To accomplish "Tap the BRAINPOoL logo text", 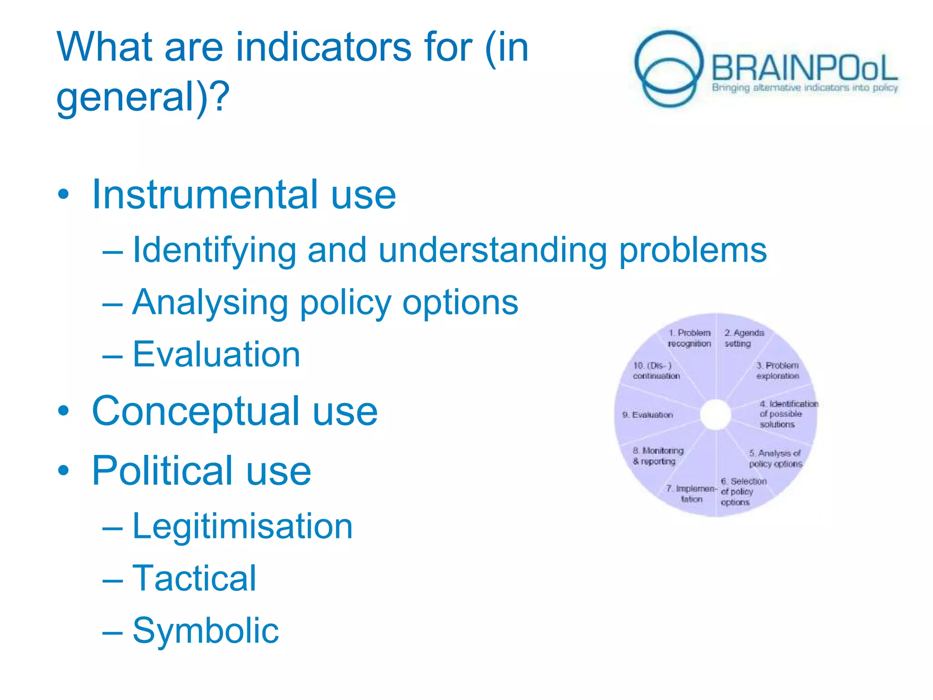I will point(804,68).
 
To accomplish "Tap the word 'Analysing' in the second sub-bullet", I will point(210,302).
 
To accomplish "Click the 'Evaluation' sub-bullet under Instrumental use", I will point(216,354).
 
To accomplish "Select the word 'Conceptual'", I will point(196,411).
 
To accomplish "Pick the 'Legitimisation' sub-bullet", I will point(242,526).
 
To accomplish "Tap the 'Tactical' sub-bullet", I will point(194,578).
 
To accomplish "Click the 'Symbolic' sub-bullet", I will point(205,630).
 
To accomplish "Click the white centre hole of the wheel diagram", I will point(716,414).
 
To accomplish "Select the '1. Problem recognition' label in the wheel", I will point(689,338).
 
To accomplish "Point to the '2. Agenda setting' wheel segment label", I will point(743,338).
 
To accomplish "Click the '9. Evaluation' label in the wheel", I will point(647,415).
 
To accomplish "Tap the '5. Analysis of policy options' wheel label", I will point(775,458).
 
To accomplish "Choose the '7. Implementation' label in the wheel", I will point(691,494).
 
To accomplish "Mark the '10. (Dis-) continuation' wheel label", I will point(656,371).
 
